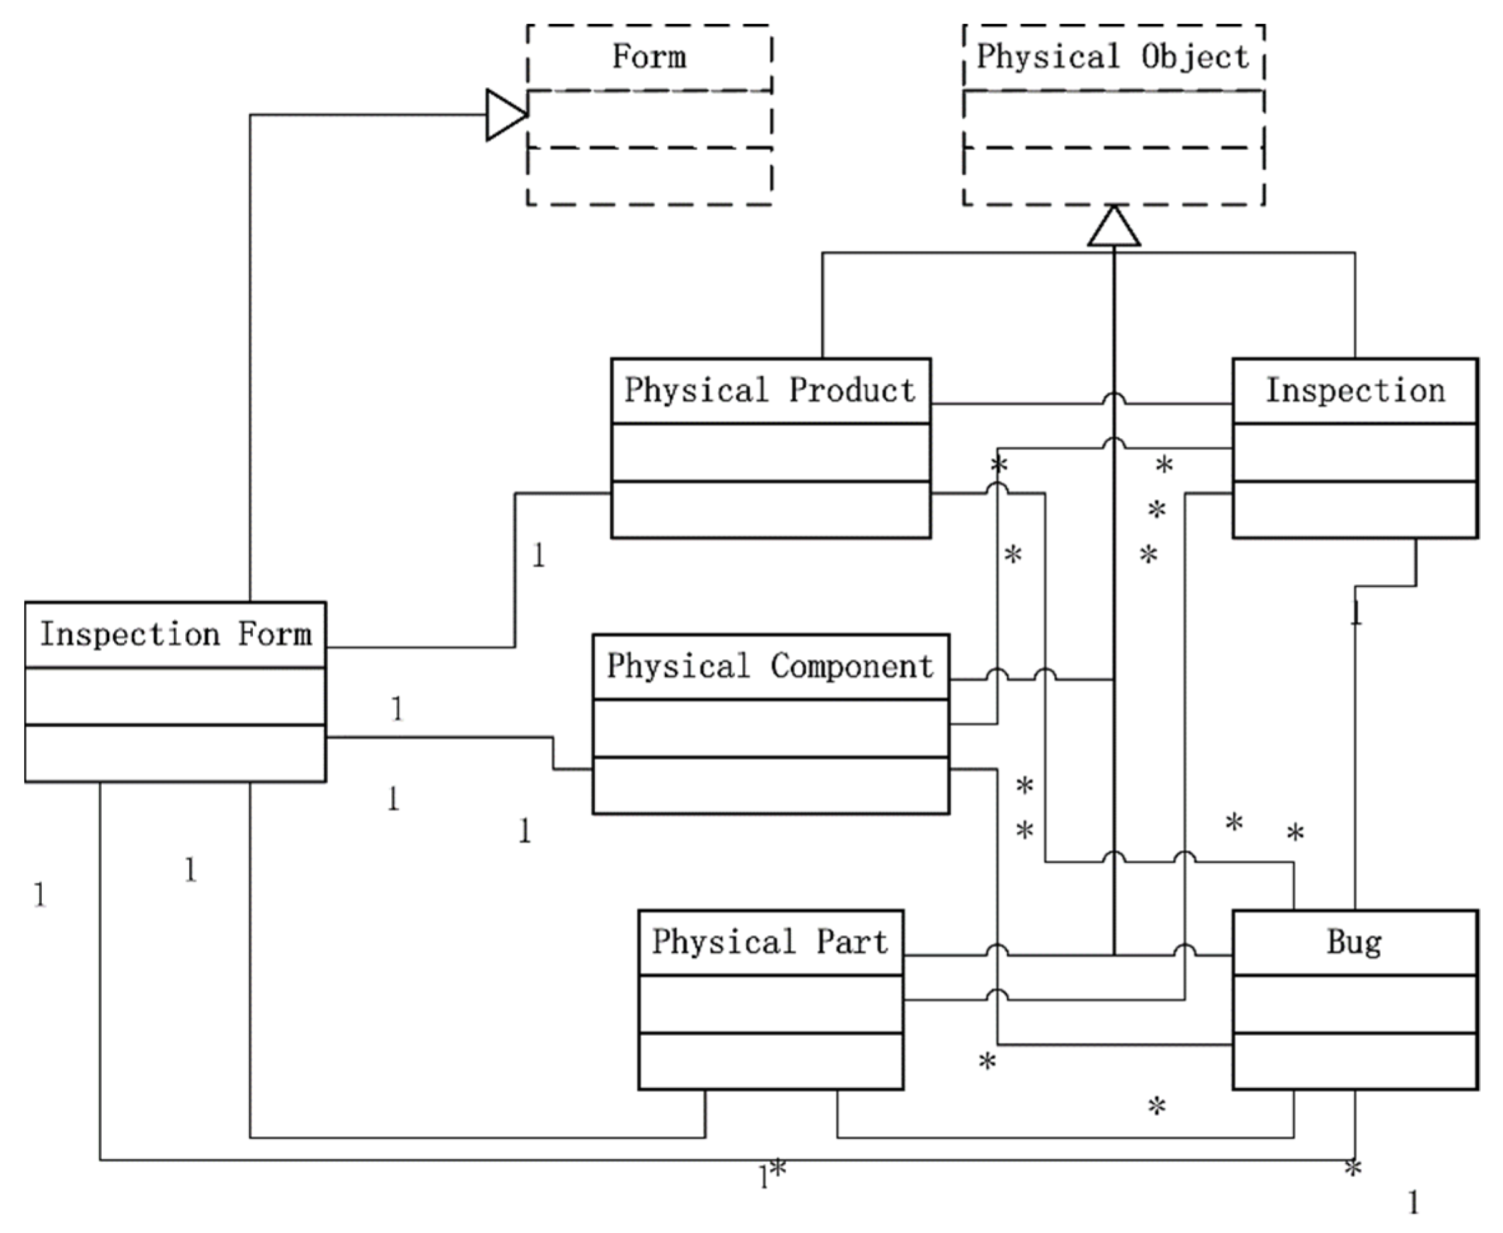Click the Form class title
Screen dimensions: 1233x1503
click(649, 57)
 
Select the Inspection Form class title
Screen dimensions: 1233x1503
click(175, 634)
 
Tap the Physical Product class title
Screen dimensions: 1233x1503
click(770, 391)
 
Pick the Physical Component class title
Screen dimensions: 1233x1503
click(770, 666)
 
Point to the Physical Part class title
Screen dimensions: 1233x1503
click(770, 942)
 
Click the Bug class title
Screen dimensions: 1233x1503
click(1354, 942)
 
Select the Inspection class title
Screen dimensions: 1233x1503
click(1354, 391)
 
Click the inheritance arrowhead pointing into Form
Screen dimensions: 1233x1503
click(506, 114)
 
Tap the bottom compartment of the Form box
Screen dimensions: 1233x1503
click(649, 176)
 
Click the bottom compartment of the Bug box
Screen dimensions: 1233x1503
click(1354, 1061)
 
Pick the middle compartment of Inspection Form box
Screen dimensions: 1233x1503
click(175, 696)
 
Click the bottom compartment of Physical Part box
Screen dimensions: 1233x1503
click(770, 1061)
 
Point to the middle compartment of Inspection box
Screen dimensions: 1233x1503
click(1354, 453)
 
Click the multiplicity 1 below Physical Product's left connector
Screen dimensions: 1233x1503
click(539, 556)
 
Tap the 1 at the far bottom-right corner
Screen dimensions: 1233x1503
click(1413, 1203)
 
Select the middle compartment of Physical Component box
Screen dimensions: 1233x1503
click(770, 729)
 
